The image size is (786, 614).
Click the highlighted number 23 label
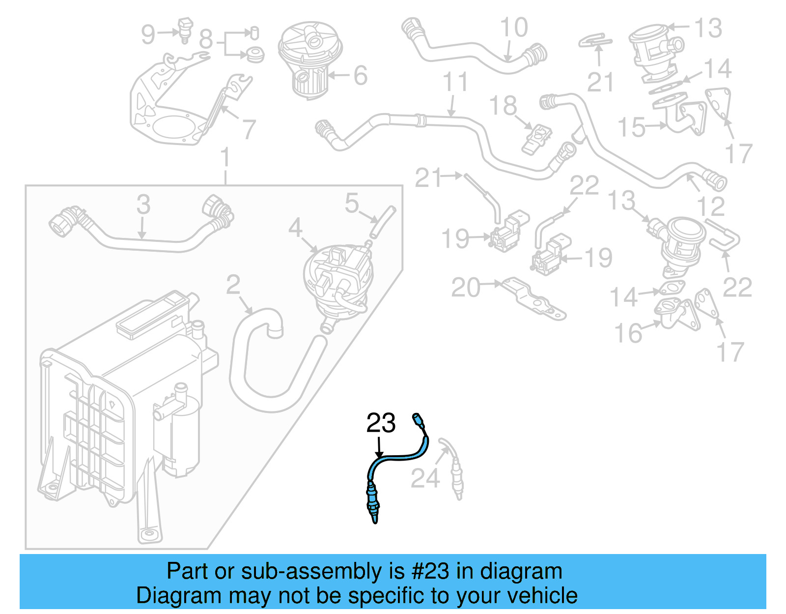381,423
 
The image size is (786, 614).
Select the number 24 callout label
425,478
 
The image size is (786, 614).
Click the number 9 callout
148,34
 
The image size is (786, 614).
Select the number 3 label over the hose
143,204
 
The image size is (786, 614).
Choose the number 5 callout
352,203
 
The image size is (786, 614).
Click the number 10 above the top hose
514,28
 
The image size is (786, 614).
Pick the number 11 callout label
455,82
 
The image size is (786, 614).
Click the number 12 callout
710,206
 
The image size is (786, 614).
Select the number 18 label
503,105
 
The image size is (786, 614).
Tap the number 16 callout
628,333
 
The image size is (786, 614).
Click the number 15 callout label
631,127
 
